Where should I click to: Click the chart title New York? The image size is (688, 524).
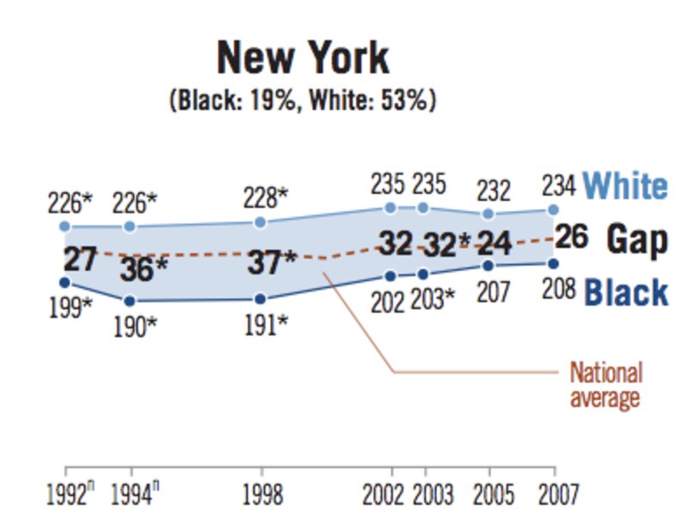(303, 58)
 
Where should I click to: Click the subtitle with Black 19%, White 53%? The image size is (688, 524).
(303, 101)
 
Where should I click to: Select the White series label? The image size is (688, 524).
(624, 186)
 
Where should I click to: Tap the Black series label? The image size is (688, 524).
(626, 293)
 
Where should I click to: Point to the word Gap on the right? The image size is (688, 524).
(637, 240)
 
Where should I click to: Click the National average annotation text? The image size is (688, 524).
(605, 385)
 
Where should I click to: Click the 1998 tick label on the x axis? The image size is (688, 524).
(260, 496)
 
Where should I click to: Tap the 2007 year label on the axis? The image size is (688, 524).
(553, 496)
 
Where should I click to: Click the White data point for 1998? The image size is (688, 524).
(260, 223)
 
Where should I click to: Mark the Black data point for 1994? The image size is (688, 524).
(129, 301)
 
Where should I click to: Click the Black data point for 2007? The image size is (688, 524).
(553, 263)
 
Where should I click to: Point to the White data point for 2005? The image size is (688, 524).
(488, 213)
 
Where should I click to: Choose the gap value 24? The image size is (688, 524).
(494, 242)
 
